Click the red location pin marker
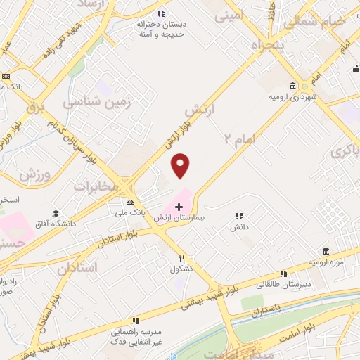tap(181, 165)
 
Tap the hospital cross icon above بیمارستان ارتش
tap(179, 207)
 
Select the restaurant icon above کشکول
tap(181, 258)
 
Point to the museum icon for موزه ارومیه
tap(325, 251)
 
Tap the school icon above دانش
tap(239, 216)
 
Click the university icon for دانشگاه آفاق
tap(53, 212)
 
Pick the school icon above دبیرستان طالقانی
tap(283, 274)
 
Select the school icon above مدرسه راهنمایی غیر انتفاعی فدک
tap(135, 319)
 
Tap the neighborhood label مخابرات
tap(94, 187)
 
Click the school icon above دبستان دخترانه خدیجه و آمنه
tap(161, 13)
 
